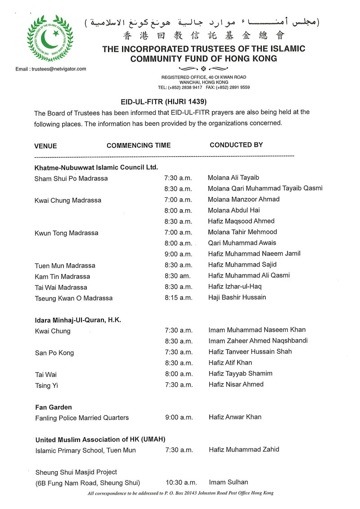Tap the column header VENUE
pyautogui.click(x=45, y=146)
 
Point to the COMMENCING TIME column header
pyautogui.click(x=139, y=145)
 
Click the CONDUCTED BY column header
pyautogui.click(x=236, y=145)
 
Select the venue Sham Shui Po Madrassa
pyautogui.click(x=71, y=179)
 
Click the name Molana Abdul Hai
pyautogui.click(x=234, y=210)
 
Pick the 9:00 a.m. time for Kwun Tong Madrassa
pyautogui.click(x=179, y=254)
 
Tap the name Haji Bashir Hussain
pyautogui.click(x=237, y=297)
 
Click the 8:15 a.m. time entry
pyautogui.click(x=179, y=298)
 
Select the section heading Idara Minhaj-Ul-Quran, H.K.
pyautogui.click(x=78, y=320)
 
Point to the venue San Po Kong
pyautogui.click(x=54, y=353)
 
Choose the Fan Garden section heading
pyautogui.click(x=54, y=407)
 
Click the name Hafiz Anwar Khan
pyautogui.click(x=235, y=417)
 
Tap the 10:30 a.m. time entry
pyautogui.click(x=181, y=483)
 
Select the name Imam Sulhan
pyautogui.click(x=229, y=482)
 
